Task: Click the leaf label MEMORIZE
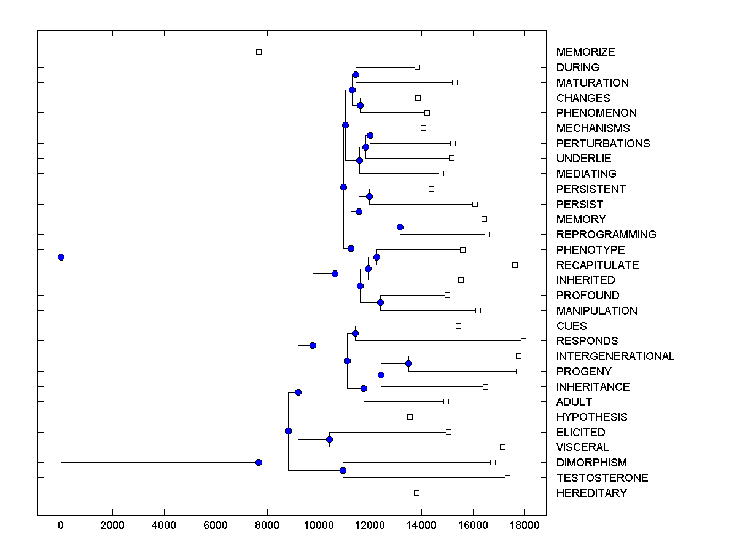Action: click(x=585, y=52)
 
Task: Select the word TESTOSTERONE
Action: click(x=602, y=478)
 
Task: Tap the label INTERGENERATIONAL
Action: click(x=615, y=356)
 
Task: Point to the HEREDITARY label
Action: click(x=591, y=493)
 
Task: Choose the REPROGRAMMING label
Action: click(x=606, y=235)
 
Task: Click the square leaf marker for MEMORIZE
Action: click(x=259, y=52)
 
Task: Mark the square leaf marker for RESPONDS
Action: click(x=523, y=340)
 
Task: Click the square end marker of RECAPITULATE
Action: click(x=515, y=265)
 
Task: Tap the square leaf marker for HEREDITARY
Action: click(x=416, y=493)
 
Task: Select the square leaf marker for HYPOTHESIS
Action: click(x=410, y=417)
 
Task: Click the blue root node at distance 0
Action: click(x=61, y=257)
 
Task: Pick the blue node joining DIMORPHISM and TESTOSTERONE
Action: click(x=343, y=470)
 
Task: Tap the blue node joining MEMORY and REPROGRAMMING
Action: click(x=400, y=227)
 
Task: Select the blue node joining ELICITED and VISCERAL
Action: click(x=329, y=439)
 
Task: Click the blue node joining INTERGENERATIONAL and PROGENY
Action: click(x=408, y=363)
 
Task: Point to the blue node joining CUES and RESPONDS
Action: click(x=355, y=333)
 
